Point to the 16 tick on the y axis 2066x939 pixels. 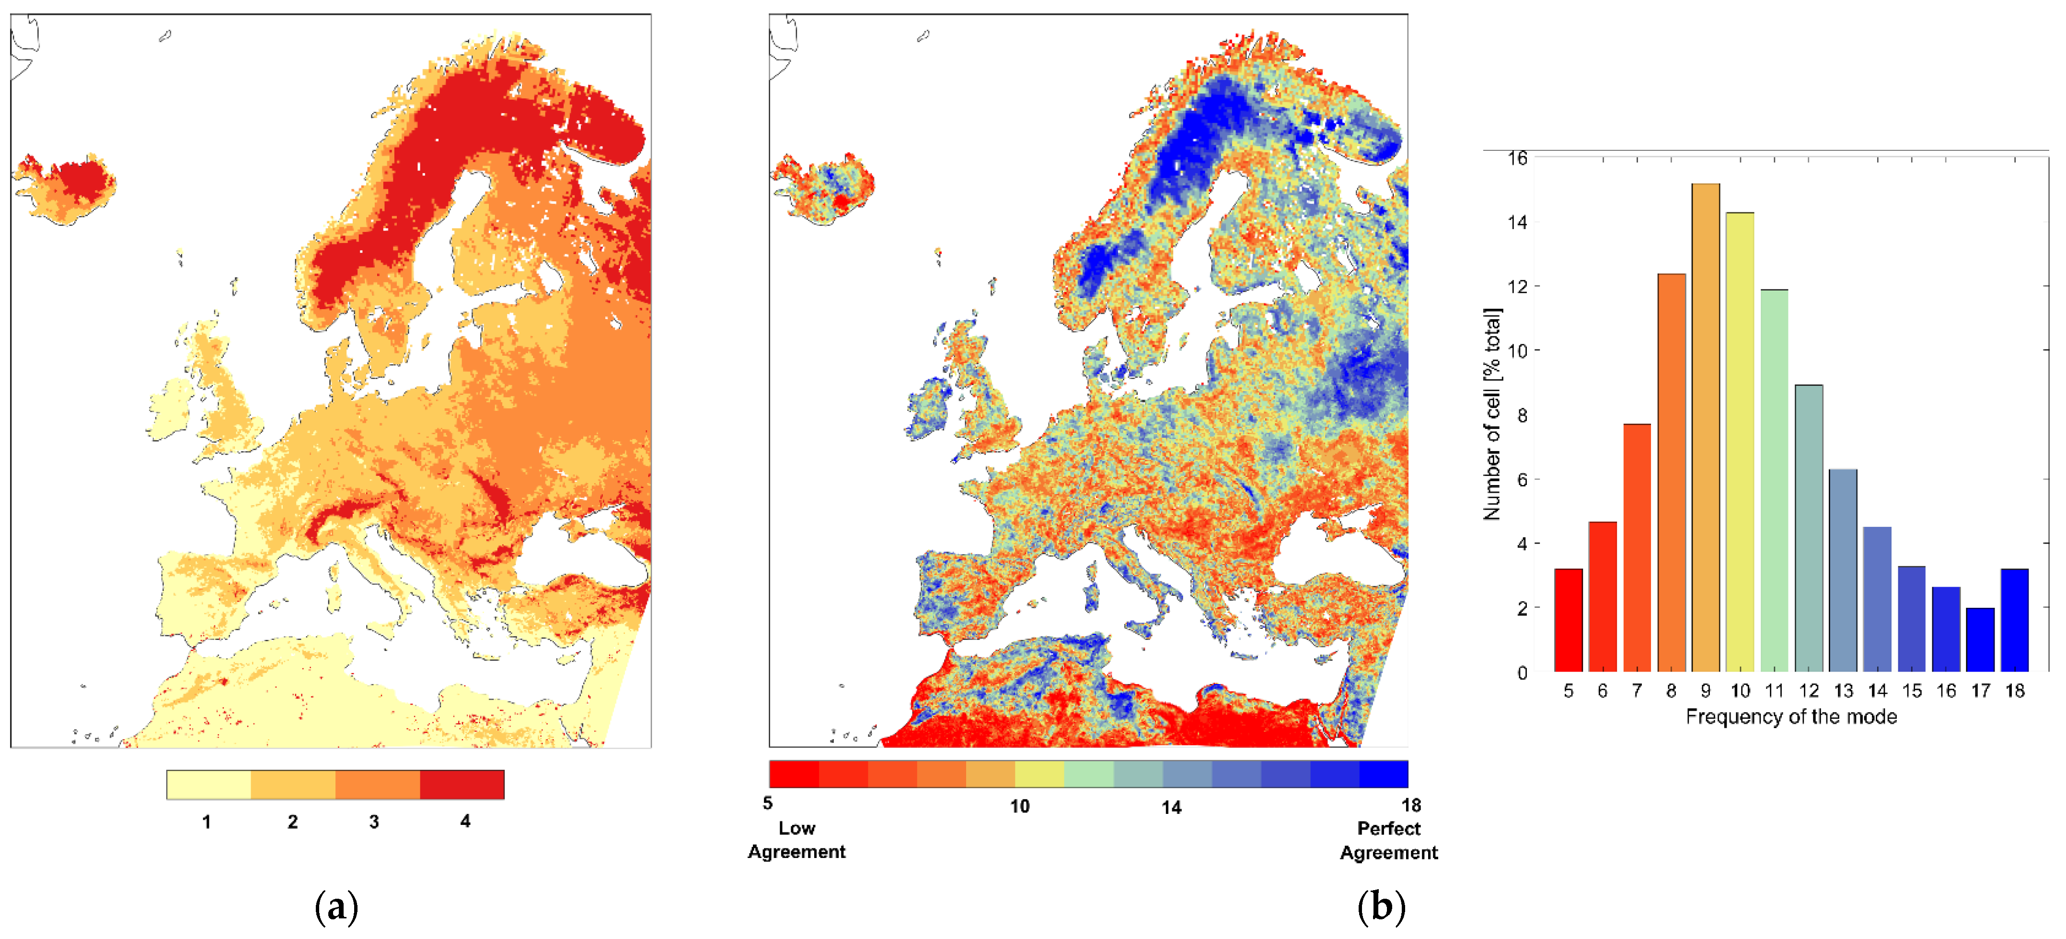coord(1517,158)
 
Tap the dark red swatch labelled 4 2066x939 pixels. coord(462,784)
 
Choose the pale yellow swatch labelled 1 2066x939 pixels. coord(208,784)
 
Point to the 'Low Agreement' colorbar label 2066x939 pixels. coord(796,840)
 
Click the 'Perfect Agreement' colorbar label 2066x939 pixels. coord(1388,840)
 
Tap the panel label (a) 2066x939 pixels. coord(336,907)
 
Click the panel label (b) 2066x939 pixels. coord(1381,907)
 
